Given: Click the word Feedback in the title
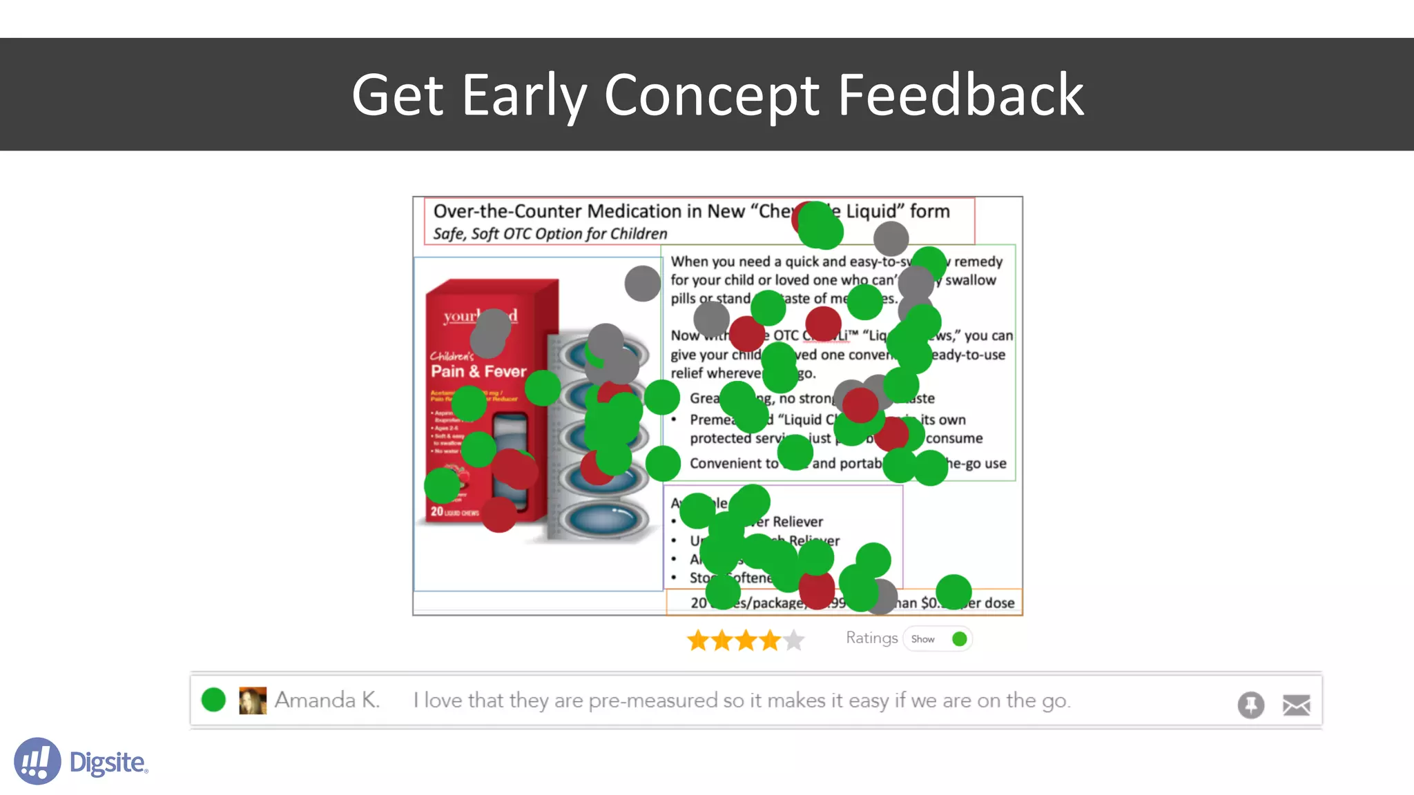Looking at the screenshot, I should [x=960, y=95].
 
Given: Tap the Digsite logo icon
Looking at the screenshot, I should [x=37, y=760].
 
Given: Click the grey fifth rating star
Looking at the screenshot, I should [x=794, y=640].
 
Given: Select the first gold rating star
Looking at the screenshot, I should [x=698, y=640].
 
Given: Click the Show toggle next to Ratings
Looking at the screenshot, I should [x=938, y=639].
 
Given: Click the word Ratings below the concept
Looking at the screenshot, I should [x=871, y=638].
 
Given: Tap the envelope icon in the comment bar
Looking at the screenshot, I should [x=1296, y=705].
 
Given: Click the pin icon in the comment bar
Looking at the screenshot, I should [x=1250, y=705].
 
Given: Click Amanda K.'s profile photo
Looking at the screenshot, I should [x=253, y=700].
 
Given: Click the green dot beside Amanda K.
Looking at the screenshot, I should [x=213, y=700].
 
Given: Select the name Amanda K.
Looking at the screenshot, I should [x=327, y=700].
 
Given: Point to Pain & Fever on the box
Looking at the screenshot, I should [x=478, y=371].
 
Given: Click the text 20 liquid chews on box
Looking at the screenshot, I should [x=454, y=512].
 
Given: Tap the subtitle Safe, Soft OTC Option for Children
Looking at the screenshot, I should [x=550, y=234].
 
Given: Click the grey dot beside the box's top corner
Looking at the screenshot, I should [x=642, y=283].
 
